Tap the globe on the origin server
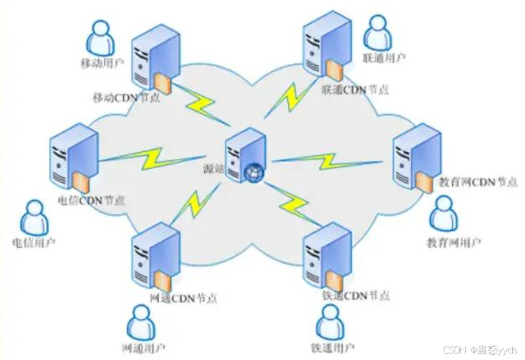coord(252,172)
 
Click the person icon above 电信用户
coord(31,217)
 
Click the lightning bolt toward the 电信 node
coord(152,157)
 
